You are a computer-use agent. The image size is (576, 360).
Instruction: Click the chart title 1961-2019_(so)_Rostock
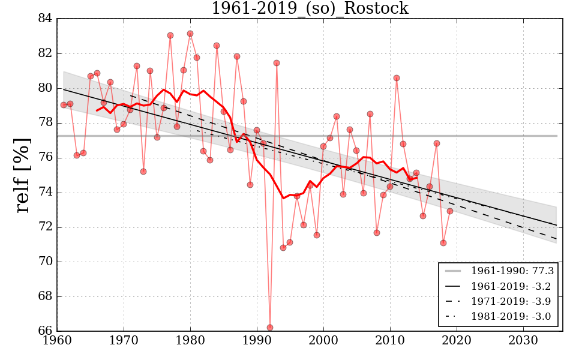click(x=310, y=8)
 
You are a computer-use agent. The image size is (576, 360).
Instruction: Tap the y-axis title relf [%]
click(x=23, y=175)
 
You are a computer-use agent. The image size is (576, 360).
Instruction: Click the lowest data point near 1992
click(x=270, y=328)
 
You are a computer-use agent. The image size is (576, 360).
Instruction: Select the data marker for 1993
click(x=277, y=63)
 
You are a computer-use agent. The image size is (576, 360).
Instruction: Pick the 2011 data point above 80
click(x=397, y=78)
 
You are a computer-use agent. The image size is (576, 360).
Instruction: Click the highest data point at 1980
click(x=190, y=34)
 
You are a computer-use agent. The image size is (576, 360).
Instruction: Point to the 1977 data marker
click(x=170, y=35)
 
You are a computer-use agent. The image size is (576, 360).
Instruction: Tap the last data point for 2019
click(x=450, y=211)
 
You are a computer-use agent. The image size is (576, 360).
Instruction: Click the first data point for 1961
click(x=64, y=105)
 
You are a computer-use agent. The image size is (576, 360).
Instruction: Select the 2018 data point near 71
click(x=443, y=243)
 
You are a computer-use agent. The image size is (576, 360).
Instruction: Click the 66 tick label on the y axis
click(x=45, y=331)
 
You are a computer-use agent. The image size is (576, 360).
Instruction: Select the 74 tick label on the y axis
click(x=45, y=193)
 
